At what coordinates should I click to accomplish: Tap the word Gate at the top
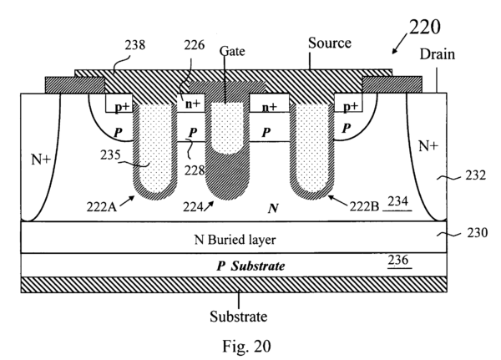[x=235, y=51]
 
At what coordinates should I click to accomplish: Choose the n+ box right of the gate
[x=270, y=107]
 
